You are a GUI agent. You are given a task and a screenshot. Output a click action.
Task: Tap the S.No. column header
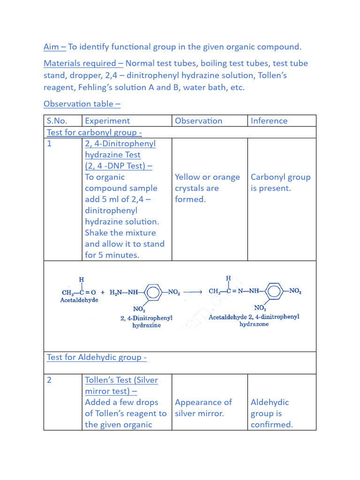click(57, 121)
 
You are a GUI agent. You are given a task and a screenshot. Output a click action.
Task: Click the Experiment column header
click(107, 121)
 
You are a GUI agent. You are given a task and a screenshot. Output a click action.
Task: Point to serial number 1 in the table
click(49, 144)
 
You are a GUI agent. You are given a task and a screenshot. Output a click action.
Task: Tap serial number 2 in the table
click(49, 380)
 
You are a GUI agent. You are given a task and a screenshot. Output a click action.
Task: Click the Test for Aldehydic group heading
click(97, 358)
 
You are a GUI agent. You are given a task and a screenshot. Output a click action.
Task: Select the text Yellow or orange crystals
click(207, 183)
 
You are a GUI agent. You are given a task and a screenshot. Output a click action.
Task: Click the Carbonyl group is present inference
click(280, 183)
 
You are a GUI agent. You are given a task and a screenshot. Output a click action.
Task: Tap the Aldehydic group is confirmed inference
click(271, 413)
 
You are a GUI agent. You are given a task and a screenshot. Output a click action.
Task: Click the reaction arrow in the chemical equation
click(192, 292)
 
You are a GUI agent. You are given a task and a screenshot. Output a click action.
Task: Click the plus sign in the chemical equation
click(103, 292)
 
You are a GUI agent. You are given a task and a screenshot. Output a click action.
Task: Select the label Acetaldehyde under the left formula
click(79, 300)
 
